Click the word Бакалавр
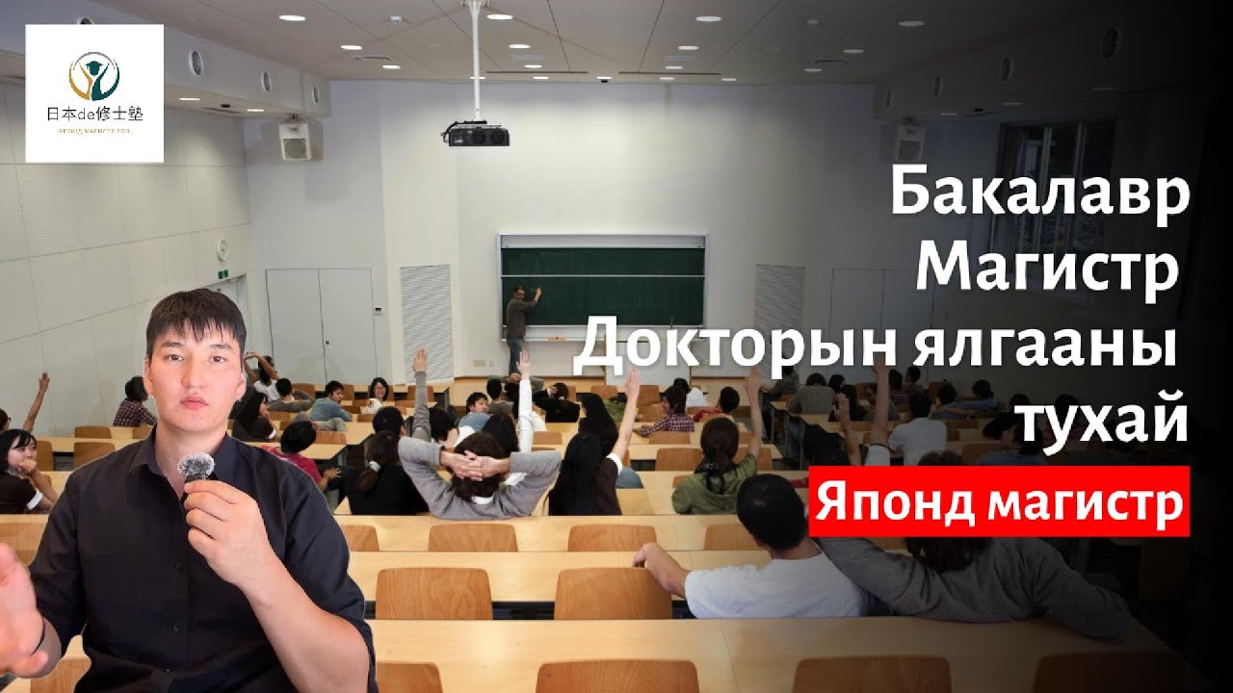tap(1039, 195)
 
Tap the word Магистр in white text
tap(1047, 269)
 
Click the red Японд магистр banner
tap(999, 500)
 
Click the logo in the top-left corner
tap(94, 93)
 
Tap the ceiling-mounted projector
tap(476, 134)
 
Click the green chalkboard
tap(602, 286)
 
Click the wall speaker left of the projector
tap(294, 141)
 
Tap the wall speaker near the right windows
tap(908, 142)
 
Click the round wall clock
tap(222, 248)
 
